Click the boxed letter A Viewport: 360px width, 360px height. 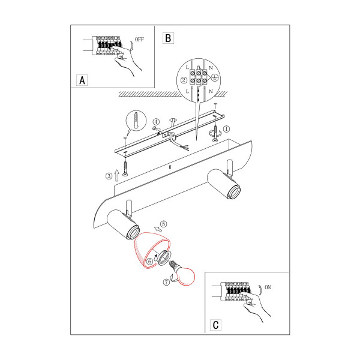82,80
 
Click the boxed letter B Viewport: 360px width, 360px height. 168,38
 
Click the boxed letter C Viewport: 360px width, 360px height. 215,325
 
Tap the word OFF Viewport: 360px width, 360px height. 139,40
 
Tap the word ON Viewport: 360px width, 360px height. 268,287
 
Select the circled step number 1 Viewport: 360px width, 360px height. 226,129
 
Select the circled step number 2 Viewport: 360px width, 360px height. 184,80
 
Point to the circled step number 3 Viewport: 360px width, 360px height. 109,176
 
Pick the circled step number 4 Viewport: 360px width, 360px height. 156,122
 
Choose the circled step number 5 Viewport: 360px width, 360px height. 163,224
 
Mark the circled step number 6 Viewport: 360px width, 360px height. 149,261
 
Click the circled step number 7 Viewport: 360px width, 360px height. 166,282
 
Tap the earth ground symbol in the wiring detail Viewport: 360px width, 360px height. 215,77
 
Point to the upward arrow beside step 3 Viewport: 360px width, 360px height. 116,175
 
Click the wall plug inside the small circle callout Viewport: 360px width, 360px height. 136,121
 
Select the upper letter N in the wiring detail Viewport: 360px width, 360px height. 211,68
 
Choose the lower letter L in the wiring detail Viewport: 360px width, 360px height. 187,91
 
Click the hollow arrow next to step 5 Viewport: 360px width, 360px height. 158,229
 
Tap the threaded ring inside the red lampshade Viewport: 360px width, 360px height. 164,257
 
